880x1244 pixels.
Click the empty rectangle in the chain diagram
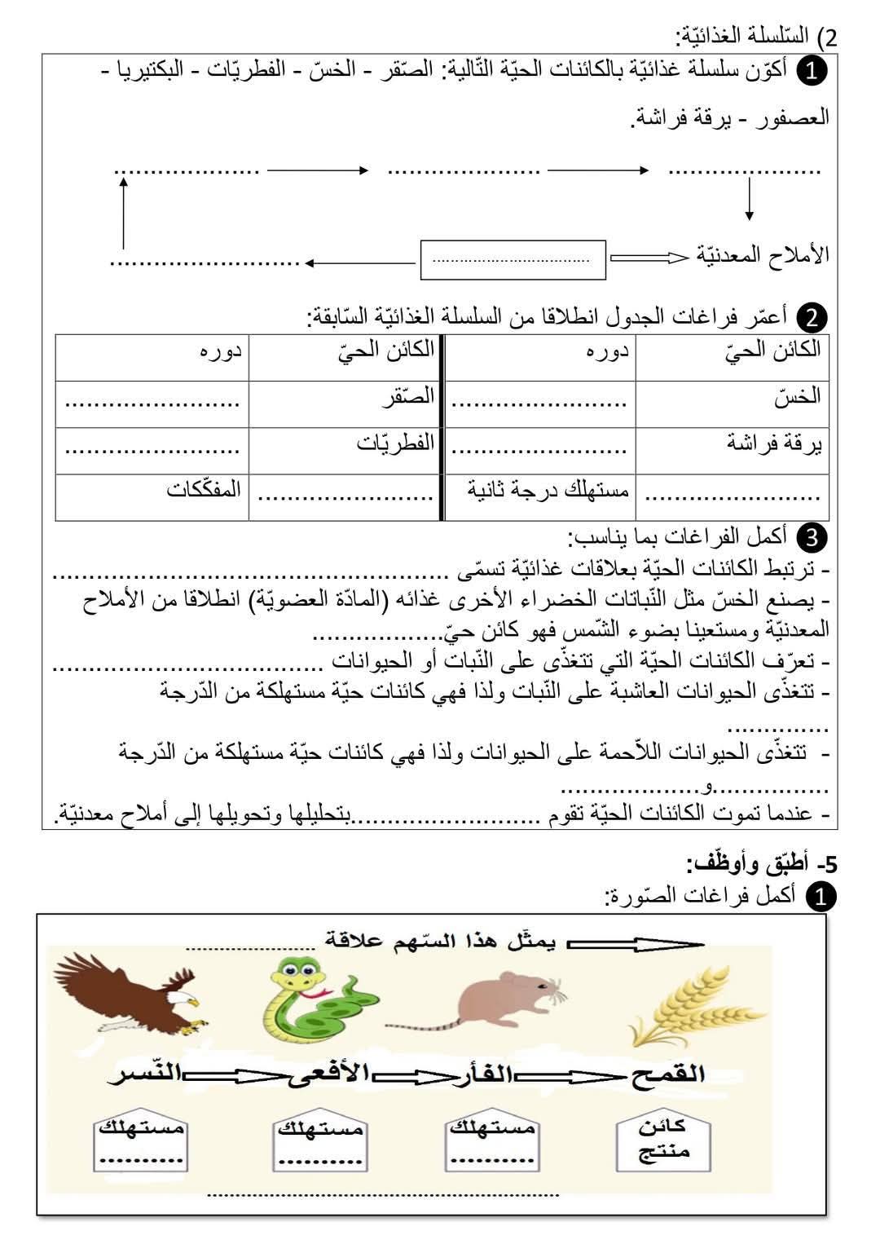pos(513,260)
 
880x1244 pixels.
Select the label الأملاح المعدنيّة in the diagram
pos(763,256)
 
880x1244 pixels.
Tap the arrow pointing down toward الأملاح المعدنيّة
pos(749,201)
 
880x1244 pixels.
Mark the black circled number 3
pos(812,537)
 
